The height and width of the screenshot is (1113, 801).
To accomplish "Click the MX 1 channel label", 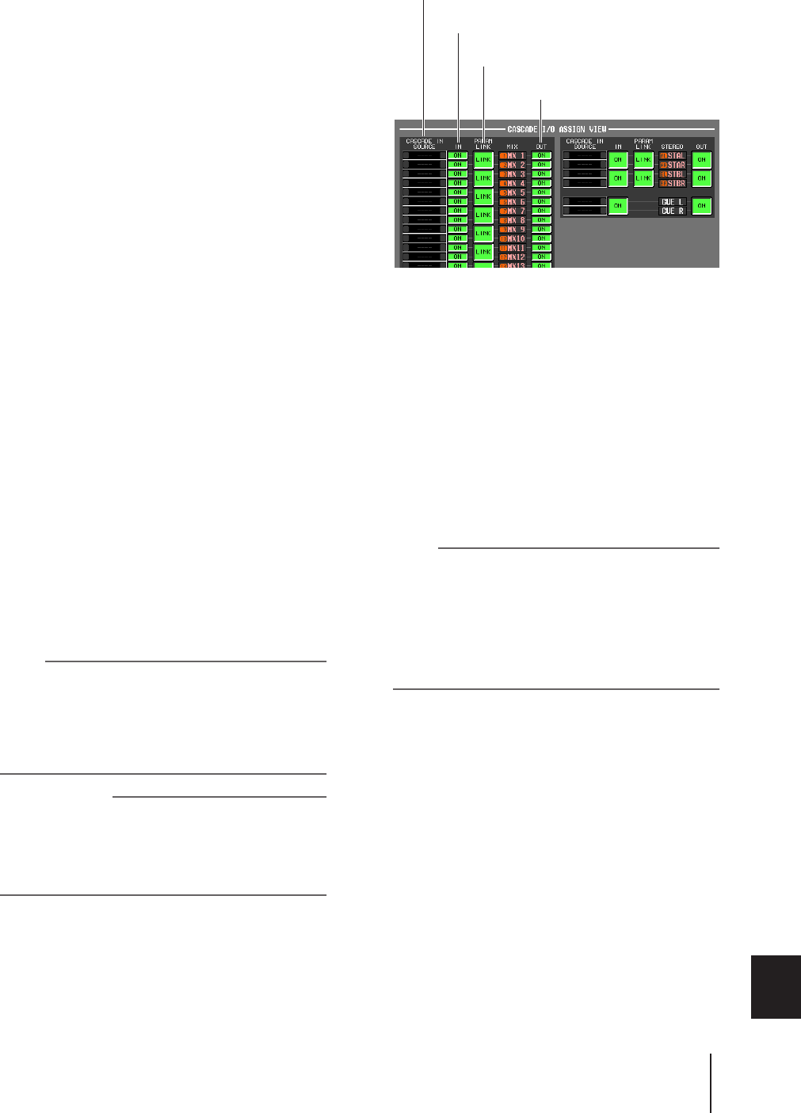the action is (x=513, y=156).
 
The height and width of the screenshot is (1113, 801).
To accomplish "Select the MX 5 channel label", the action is (x=513, y=193).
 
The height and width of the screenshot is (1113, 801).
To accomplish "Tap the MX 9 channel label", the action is (x=513, y=230).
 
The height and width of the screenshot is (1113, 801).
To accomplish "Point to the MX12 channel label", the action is (x=513, y=257).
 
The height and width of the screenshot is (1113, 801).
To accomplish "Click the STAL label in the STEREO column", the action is (x=673, y=156).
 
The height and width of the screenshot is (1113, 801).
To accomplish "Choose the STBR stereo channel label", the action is (x=673, y=184).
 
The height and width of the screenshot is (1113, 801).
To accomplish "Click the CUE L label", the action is (x=673, y=202).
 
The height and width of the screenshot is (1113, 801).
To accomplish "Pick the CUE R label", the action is (x=673, y=212).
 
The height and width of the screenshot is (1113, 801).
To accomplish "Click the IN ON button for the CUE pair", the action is (x=619, y=206).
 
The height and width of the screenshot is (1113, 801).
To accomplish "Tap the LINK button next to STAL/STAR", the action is (x=644, y=160).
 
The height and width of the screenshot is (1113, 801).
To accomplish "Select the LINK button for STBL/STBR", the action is (x=644, y=178).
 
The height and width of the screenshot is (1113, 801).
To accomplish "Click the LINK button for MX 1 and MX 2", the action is (x=483, y=160).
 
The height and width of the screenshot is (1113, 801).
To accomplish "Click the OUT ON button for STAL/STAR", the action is (x=701, y=160).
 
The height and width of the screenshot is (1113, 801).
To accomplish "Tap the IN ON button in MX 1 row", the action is (x=457, y=156).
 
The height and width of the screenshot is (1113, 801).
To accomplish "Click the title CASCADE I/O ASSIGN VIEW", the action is (x=557, y=128).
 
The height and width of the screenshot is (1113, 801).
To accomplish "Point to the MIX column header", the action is (x=513, y=147).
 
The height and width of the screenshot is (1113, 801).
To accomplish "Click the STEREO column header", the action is (x=672, y=147).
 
